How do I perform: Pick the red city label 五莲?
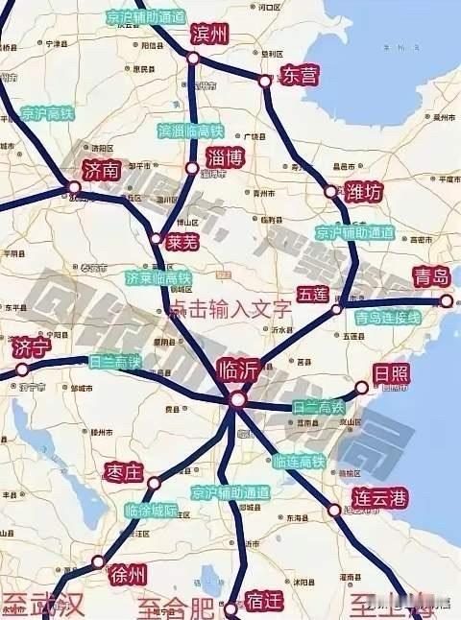(313, 289)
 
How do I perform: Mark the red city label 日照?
(390, 373)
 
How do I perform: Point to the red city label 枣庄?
(122, 472)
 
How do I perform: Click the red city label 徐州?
(128, 575)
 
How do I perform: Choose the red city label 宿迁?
(262, 602)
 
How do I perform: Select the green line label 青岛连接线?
(388, 317)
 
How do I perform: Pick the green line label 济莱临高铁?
(158, 278)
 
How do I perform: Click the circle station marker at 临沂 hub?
(237, 399)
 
